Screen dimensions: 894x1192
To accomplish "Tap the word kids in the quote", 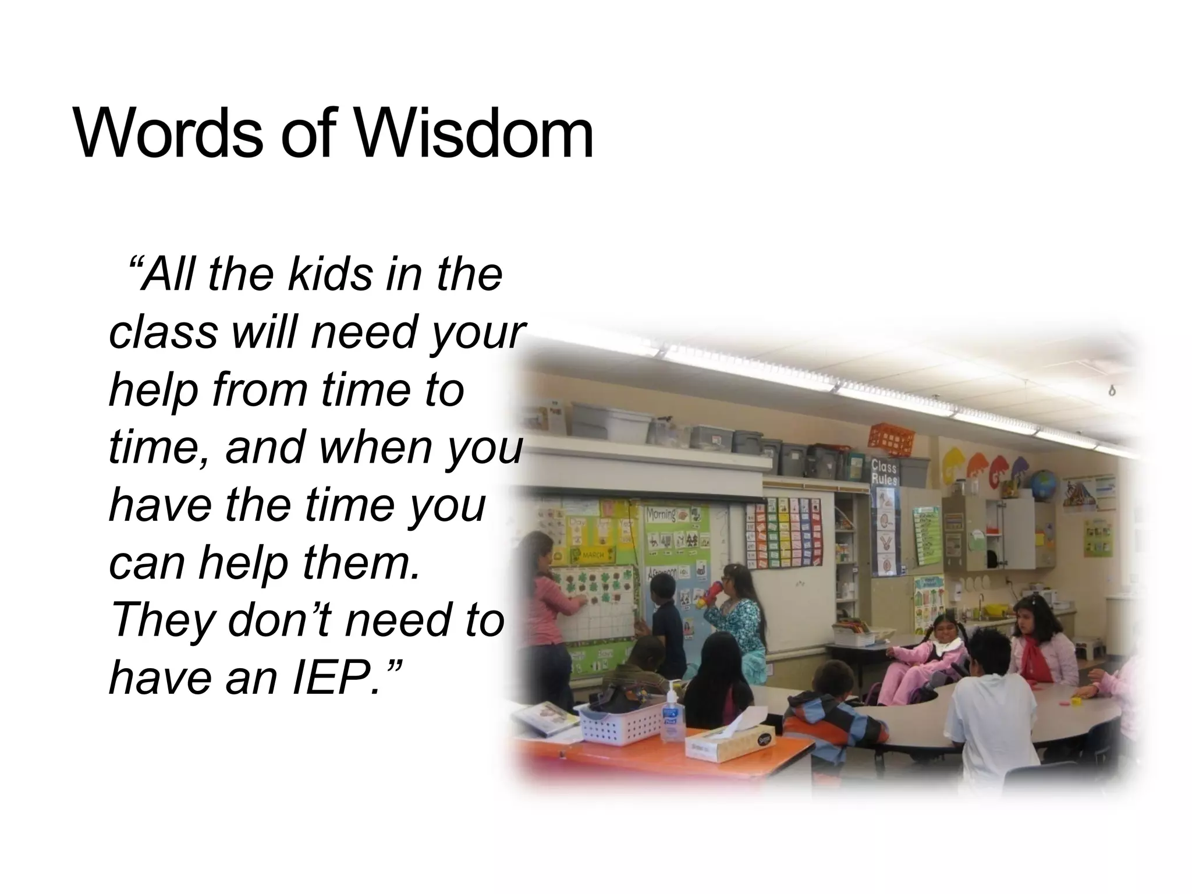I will point(329,274).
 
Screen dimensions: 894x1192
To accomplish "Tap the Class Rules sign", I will point(884,471).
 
